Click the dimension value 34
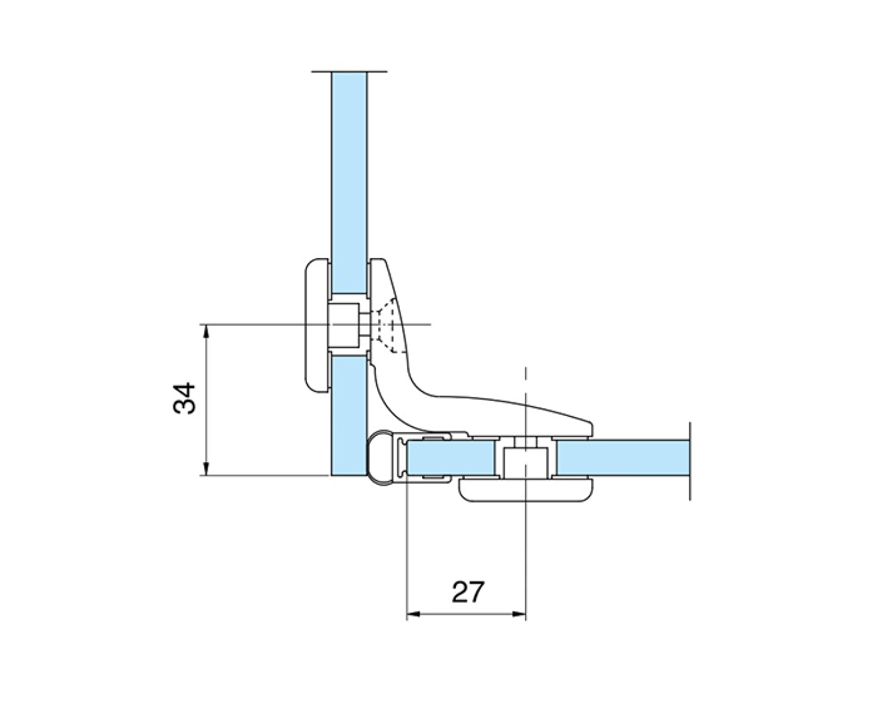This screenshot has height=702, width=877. [x=184, y=398]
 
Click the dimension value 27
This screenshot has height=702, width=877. [x=468, y=592]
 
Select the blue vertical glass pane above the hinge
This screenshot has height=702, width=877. [x=349, y=183]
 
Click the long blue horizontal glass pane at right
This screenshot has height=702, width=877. [x=623, y=457]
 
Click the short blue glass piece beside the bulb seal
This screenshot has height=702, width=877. [x=451, y=457]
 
